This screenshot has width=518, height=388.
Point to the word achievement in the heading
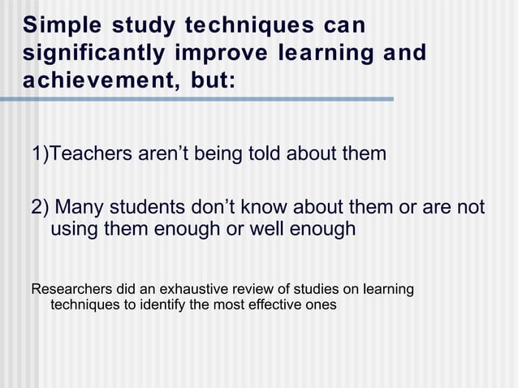click(88, 82)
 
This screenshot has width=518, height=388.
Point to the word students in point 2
click(152, 207)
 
